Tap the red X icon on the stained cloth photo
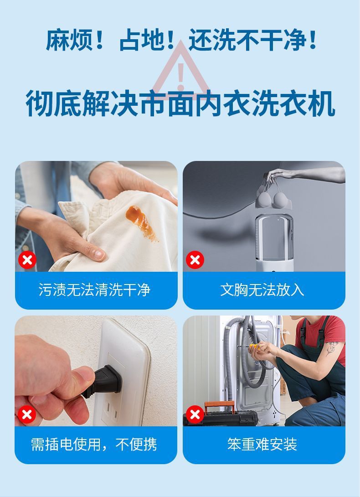[x=27, y=260]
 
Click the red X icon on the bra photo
[x=195, y=260]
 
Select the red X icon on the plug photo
[x=26, y=414]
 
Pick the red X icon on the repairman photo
[x=195, y=414]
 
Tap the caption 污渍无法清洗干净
[x=94, y=290]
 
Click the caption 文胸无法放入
[x=262, y=290]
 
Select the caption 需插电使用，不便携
[x=94, y=444]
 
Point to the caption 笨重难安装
[x=262, y=444]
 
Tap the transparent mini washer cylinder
[x=274, y=239]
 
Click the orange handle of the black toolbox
[x=219, y=406]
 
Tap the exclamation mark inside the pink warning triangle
[x=180, y=77]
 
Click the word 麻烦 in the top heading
[x=69, y=40]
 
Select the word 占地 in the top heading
[x=142, y=40]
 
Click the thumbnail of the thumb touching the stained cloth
[x=99, y=254]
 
